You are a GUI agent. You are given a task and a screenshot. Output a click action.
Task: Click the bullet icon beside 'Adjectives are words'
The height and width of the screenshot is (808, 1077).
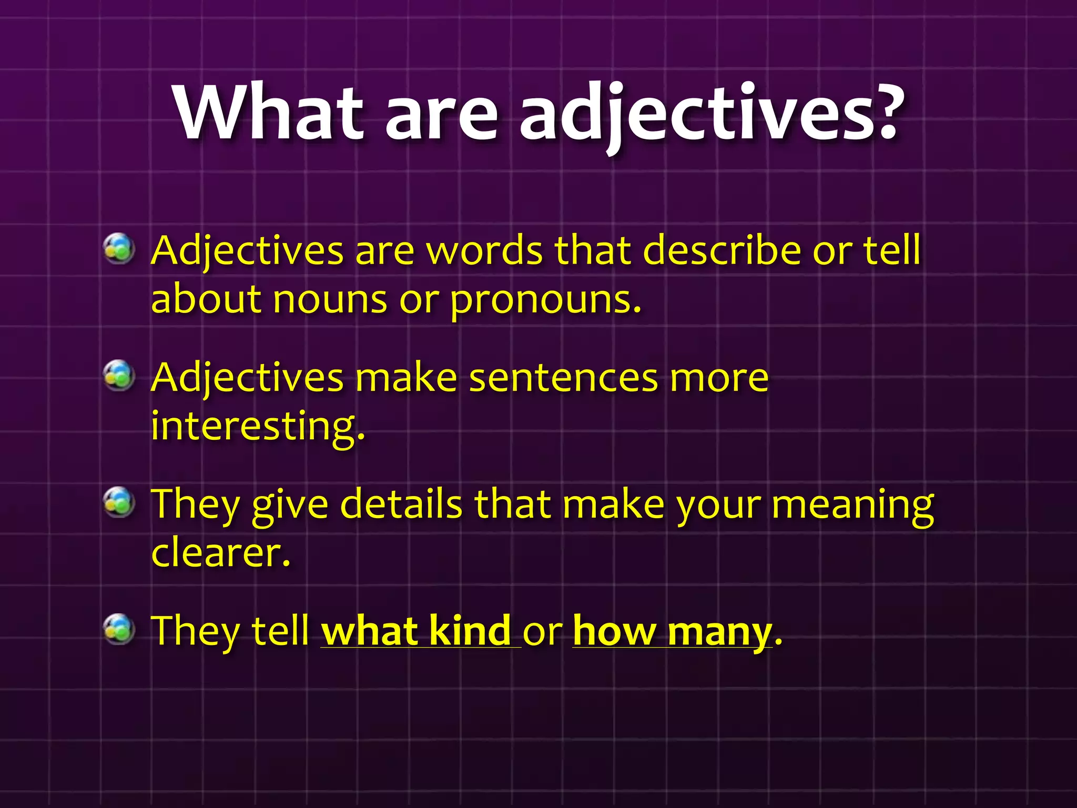[119, 248]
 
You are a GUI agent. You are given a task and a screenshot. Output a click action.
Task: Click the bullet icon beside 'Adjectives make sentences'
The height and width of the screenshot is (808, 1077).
[119, 376]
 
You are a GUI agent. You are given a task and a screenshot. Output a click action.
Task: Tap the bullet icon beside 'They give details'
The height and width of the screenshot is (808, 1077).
[119, 502]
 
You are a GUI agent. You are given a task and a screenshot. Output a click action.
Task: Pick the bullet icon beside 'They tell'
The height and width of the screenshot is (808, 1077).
[119, 629]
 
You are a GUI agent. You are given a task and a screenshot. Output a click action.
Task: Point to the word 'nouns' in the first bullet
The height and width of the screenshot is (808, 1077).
[330, 300]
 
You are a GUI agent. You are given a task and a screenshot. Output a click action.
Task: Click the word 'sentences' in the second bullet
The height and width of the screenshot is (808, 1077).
[563, 378]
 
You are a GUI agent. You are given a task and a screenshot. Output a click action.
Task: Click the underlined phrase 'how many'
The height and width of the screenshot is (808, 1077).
[672, 631]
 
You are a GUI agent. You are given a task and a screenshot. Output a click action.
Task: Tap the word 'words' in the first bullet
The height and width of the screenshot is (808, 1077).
[484, 250]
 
